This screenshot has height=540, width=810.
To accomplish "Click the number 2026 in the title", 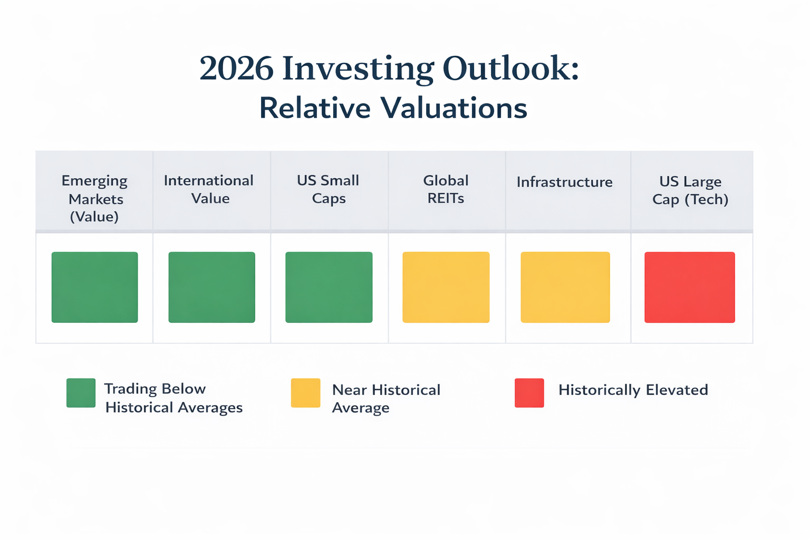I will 236,69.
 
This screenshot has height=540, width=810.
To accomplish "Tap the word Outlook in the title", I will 510,69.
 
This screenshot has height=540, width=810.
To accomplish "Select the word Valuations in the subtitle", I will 454,108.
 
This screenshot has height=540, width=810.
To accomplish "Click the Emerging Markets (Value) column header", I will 95,198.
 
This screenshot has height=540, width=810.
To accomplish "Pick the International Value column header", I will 209,189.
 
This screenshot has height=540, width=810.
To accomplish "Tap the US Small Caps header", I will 328,189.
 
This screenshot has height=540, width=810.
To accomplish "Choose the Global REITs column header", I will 446,189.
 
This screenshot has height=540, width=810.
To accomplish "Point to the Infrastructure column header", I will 564,182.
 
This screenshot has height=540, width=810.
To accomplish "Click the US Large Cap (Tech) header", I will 690,190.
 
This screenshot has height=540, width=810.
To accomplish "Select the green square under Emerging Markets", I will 95,287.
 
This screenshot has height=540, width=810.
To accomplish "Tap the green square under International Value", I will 212,287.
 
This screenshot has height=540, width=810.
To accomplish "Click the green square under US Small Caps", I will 329,287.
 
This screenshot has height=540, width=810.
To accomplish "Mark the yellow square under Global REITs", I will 446,287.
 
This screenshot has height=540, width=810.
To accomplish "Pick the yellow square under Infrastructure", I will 565,287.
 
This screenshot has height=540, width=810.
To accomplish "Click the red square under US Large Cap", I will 690,287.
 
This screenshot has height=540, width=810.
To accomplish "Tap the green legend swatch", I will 81,393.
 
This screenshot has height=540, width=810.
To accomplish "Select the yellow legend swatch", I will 306,393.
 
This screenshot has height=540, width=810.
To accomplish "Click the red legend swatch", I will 529,393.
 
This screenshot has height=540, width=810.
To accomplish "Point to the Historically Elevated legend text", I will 633,390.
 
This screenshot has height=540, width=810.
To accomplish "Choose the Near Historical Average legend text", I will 385,399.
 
